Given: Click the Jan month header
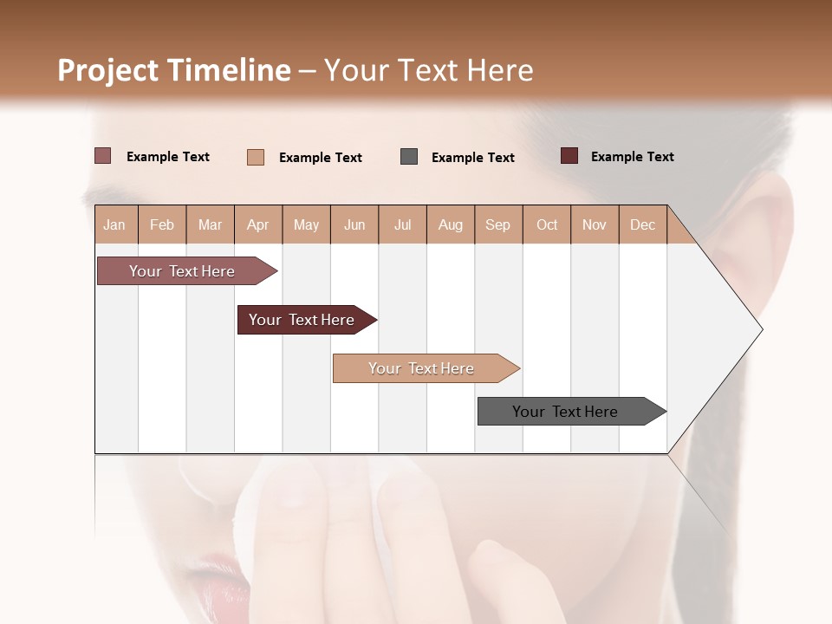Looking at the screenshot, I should [114, 224].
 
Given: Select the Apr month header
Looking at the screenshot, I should [257, 224].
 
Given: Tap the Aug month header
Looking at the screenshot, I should [450, 224].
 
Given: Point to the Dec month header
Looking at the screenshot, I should [642, 224].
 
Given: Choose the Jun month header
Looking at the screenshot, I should [354, 224].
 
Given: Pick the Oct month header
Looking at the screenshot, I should [547, 224].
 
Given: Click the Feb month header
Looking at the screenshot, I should [162, 224].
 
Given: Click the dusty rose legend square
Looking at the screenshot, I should [102, 156].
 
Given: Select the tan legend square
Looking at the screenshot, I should [255, 157].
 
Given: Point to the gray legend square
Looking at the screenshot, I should [409, 157].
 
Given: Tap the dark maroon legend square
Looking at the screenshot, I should [569, 156].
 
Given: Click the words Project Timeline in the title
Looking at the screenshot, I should [174, 70].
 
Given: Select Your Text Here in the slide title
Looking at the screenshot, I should [429, 70].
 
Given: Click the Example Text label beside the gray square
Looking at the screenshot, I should [472, 158].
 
